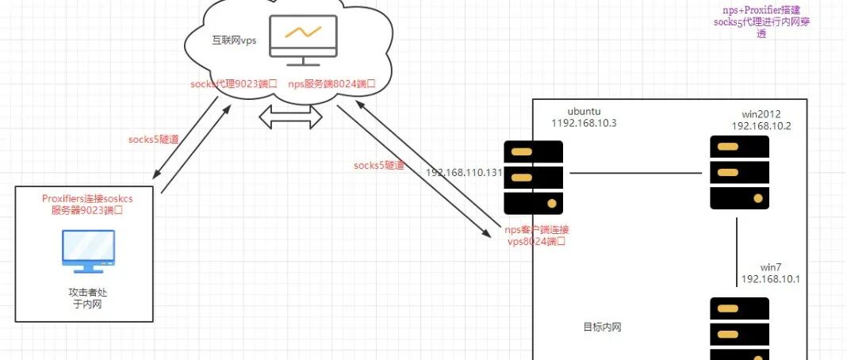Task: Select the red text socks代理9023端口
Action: pos(234,83)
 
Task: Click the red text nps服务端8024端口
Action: pos(331,83)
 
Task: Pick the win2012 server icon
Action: pos(739,172)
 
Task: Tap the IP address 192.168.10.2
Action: pos(761,126)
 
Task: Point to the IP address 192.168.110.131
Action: pos(464,172)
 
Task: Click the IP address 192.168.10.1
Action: pos(771,279)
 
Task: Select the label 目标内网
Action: pos(602,327)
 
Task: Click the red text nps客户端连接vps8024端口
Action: pos(537,236)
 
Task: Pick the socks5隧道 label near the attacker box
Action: pos(153,140)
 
